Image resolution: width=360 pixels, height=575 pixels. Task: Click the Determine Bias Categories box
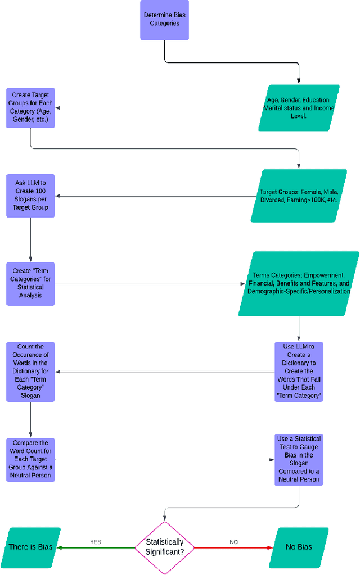(164, 20)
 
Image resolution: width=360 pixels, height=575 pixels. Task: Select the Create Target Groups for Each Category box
(31, 107)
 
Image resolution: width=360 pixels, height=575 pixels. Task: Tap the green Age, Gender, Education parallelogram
(300, 108)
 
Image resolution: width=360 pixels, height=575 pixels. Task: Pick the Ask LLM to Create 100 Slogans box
(31, 196)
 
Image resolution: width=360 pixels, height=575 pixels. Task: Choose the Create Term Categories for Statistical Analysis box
(31, 284)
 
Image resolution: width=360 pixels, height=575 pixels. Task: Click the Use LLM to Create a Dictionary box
(299, 372)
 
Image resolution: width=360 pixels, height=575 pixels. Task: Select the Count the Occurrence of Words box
(31, 372)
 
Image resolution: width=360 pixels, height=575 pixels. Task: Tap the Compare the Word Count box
(31, 459)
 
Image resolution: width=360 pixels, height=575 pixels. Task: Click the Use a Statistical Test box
(299, 459)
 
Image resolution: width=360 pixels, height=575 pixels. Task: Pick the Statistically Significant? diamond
(164, 547)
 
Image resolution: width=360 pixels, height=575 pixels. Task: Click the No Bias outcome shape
(298, 547)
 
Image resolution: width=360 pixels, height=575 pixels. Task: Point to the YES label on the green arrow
(96, 542)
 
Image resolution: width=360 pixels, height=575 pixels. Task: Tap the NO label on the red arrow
(233, 542)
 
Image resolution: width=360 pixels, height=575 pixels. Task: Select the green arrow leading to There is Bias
(96, 547)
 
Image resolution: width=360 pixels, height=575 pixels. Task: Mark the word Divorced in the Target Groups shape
(272, 200)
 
